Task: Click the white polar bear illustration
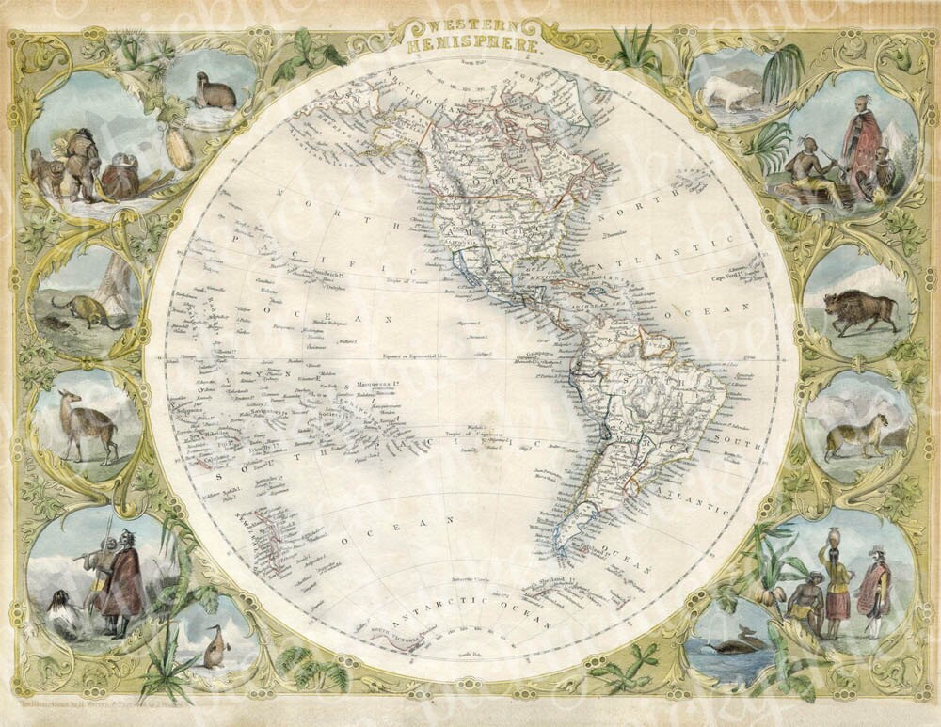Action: [728, 92]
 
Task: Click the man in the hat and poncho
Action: [875, 581]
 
